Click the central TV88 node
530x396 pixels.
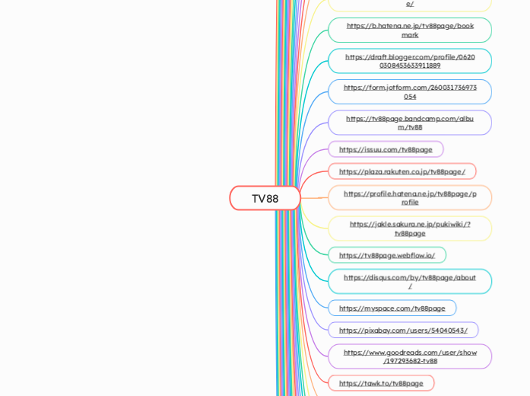coord(265,198)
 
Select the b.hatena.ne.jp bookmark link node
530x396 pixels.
coord(410,30)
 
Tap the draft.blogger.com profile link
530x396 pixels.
coord(410,61)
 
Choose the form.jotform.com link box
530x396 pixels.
coord(410,92)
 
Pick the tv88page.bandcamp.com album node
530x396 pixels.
coord(410,123)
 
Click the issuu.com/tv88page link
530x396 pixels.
coord(386,149)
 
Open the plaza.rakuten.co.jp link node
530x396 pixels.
coord(401,171)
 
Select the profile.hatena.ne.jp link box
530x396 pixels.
coord(410,198)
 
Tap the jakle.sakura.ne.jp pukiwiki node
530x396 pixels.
coord(410,228)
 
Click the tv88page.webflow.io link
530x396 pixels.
coord(387,255)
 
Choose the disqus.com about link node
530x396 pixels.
coord(410,281)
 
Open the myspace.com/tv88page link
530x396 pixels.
coord(392,308)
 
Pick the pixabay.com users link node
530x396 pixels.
coord(403,331)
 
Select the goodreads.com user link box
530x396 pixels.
coord(410,356)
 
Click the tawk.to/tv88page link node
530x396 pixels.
coord(381,383)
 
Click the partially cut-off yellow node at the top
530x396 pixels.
coord(410,5)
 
